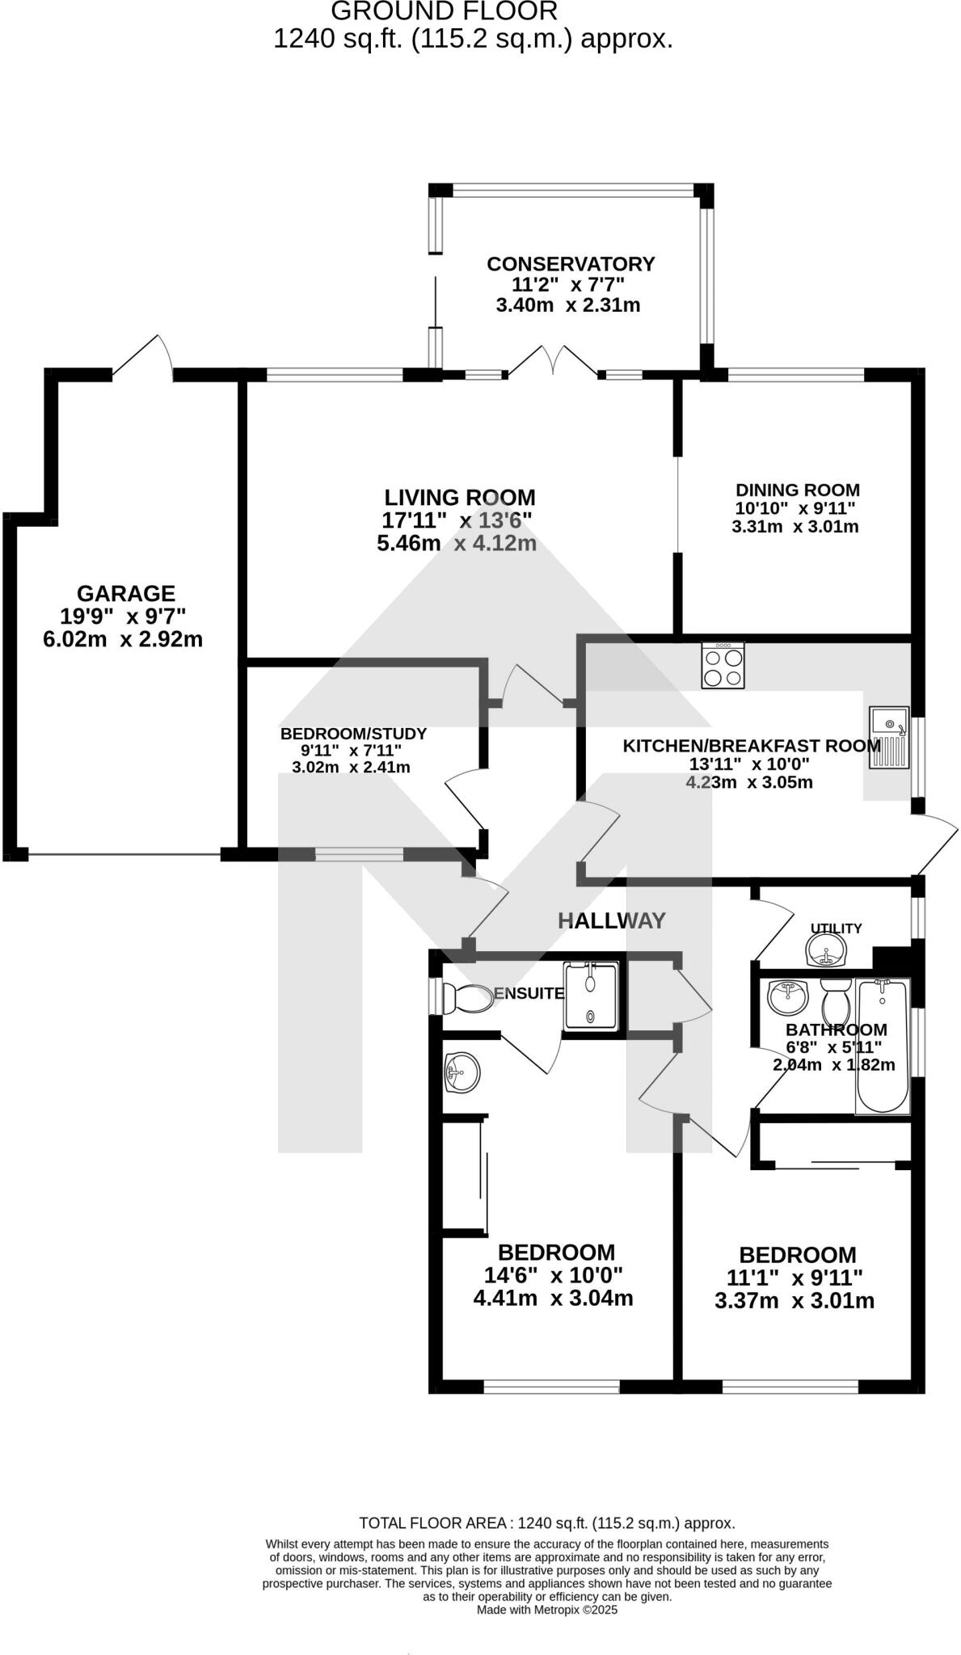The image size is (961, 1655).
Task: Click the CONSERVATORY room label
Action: tap(570, 264)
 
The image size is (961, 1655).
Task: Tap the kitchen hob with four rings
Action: tap(723, 666)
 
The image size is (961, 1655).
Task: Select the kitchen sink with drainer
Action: tap(889, 737)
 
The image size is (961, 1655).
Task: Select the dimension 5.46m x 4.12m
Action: tap(457, 543)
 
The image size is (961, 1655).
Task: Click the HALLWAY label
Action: tap(612, 920)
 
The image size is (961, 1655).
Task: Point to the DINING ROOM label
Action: tap(797, 490)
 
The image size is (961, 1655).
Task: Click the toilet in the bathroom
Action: tap(835, 1003)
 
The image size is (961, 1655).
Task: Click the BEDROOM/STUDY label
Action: tap(353, 734)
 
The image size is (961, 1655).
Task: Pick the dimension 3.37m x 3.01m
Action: tap(795, 1301)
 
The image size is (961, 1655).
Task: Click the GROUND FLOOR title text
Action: tap(444, 11)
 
